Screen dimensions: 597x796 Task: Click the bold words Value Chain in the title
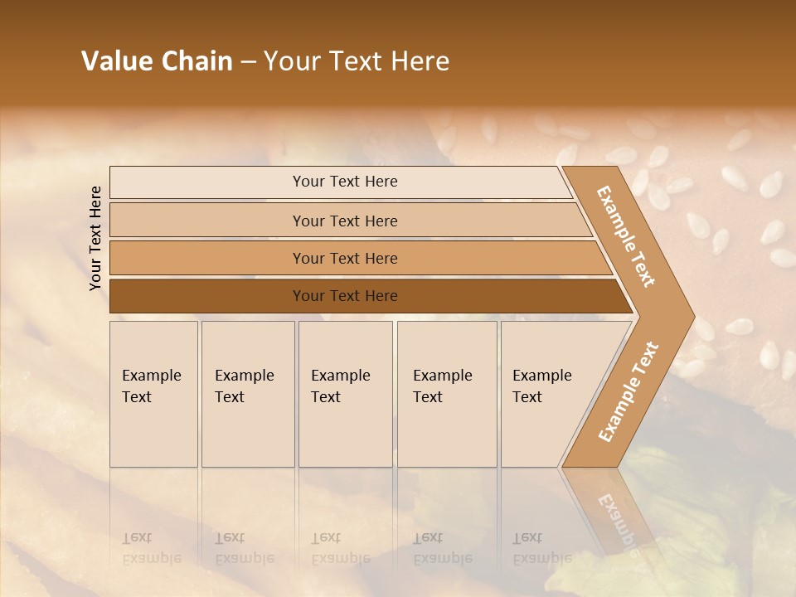coord(157,61)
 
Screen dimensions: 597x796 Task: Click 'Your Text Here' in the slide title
coord(357,61)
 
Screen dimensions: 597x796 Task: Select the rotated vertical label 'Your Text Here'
coord(95,238)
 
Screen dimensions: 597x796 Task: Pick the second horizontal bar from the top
coord(344,221)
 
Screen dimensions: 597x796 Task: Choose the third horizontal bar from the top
coord(344,258)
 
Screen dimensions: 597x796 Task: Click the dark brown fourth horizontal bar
coord(344,296)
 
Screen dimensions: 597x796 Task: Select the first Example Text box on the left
coord(153,393)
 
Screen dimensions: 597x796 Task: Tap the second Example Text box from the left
coord(247,393)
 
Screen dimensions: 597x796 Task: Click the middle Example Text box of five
coord(345,393)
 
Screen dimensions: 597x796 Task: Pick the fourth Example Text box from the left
coord(446,393)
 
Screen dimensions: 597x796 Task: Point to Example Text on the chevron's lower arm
coord(628,391)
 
